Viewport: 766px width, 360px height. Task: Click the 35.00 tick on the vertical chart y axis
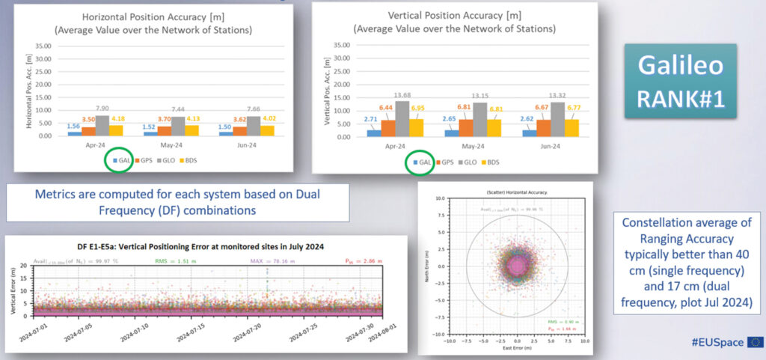(x=340, y=45)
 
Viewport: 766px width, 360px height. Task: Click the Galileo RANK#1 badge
(x=681, y=80)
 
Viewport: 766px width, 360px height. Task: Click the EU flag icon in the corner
(x=755, y=342)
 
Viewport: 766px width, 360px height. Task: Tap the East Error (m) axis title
(x=517, y=349)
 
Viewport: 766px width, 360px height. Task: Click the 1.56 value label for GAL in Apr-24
(x=74, y=126)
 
